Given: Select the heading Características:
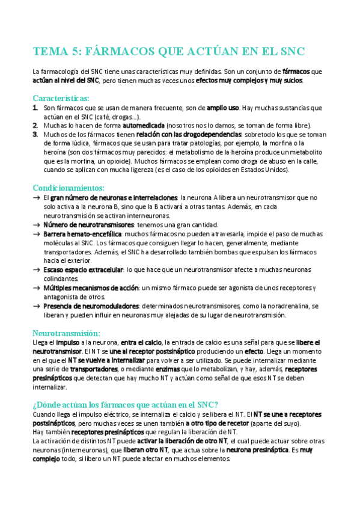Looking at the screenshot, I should click(61, 97).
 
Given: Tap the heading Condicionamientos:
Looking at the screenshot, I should click(68, 188).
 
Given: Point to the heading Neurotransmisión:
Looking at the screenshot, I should click(66, 333).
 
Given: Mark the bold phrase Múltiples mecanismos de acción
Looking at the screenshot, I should click(91, 288).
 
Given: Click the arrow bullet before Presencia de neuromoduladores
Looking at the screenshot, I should click(37, 306).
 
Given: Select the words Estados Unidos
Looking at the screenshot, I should click(266, 170).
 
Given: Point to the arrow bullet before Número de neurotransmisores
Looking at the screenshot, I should click(37, 224).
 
